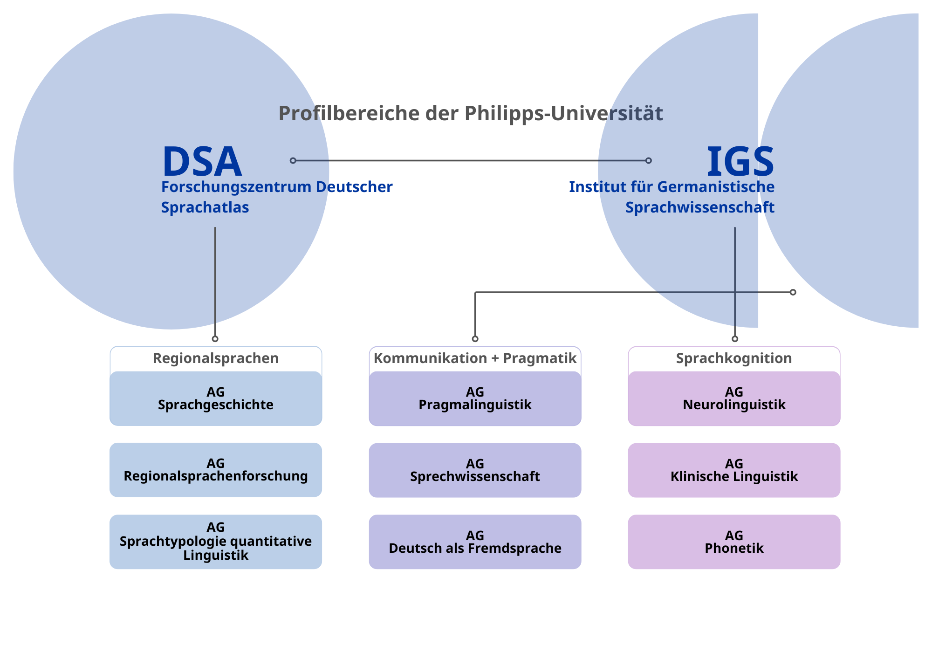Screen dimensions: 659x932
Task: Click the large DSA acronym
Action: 202,162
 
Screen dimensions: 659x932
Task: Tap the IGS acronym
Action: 740,162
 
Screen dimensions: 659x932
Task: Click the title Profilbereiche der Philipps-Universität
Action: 471,113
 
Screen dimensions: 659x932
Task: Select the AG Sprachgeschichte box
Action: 216,398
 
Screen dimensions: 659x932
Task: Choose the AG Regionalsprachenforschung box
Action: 216,470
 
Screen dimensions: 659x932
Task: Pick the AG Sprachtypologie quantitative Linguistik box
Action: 216,542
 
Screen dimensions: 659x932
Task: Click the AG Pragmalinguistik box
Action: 475,398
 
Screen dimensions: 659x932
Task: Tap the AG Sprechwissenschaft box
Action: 475,470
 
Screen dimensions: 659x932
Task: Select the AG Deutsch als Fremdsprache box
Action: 475,542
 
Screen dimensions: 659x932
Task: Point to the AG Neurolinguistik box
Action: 734,398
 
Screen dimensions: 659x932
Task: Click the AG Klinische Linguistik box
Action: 734,470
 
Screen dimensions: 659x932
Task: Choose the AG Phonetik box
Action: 734,542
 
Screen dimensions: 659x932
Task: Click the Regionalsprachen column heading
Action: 216,358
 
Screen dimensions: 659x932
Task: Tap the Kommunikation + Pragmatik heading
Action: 475,358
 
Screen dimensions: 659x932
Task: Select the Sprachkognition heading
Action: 734,358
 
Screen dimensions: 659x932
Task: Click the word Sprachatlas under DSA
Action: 205,207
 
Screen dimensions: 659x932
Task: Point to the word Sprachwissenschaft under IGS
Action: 699,207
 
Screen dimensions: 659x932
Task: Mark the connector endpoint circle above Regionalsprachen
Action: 215,339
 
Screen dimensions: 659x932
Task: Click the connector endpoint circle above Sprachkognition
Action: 735,339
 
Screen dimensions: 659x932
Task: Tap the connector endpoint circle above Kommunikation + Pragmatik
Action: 475,339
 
